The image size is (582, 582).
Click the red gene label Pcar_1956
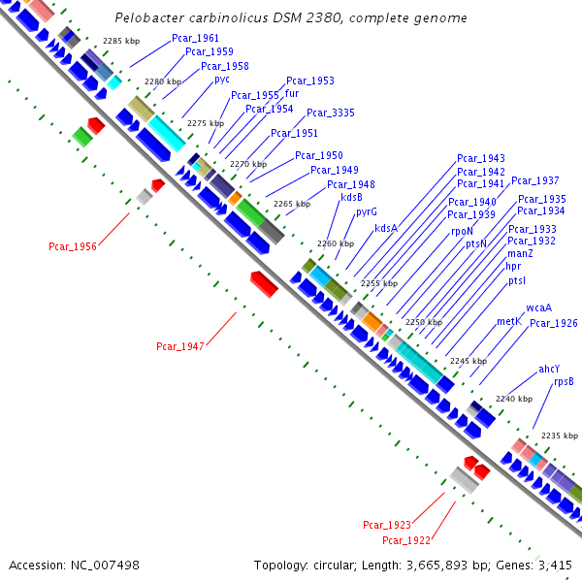coord(73,246)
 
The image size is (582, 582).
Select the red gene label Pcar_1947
coord(180,346)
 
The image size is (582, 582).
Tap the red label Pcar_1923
coord(387,525)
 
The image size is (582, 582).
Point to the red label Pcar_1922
coord(405,540)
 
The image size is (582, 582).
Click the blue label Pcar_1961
coord(195,38)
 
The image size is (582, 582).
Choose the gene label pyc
coord(222,80)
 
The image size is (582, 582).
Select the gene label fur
coord(291,94)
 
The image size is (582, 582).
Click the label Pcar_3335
coord(331,113)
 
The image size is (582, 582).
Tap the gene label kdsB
coord(352,197)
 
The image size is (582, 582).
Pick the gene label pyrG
coord(366,211)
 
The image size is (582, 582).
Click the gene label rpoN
coord(462,231)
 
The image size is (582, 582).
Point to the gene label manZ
coord(519,253)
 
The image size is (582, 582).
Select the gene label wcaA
coord(538,308)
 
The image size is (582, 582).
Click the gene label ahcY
coord(550,369)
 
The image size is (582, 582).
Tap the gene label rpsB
coord(564,382)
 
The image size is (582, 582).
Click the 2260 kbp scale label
coord(329,243)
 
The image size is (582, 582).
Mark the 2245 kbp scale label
coord(468,361)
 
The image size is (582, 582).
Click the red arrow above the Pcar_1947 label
coord(264,283)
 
